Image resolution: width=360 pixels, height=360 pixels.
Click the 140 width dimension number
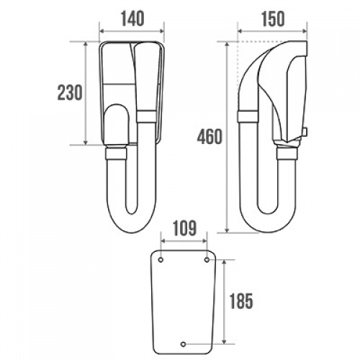click(132, 19)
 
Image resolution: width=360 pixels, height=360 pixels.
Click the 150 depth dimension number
click(273, 19)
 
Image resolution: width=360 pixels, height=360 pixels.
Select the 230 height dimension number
click(70, 93)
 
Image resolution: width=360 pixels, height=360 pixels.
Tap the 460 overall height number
click(210, 136)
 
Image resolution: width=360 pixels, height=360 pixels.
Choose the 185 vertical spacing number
click(241, 301)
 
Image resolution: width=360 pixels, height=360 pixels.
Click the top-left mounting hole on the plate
click(161, 260)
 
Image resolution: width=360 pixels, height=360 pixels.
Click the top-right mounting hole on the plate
click(207, 260)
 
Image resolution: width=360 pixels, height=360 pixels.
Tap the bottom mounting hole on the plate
click(184, 344)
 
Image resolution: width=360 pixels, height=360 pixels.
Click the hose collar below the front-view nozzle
click(116, 154)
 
